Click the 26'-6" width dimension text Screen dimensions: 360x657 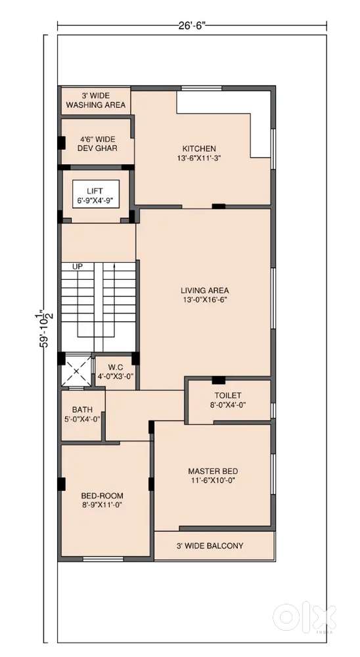click(x=192, y=26)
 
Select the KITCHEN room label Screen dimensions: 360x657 click(x=199, y=148)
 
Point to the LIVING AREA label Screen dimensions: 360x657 click(x=205, y=290)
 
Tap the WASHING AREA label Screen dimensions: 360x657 click(x=96, y=105)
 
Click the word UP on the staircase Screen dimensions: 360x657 click(x=78, y=266)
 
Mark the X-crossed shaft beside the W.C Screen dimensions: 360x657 click(x=76, y=371)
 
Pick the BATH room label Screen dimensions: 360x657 click(x=82, y=409)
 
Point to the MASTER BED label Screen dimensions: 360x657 click(x=213, y=471)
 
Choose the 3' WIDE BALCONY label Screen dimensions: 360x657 click(x=210, y=546)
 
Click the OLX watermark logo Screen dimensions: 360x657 click(x=304, y=617)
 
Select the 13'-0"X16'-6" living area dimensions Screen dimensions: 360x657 click(x=205, y=300)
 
